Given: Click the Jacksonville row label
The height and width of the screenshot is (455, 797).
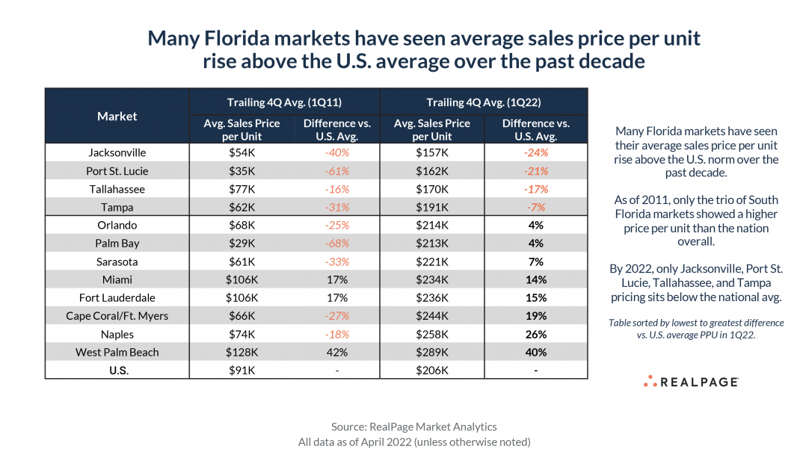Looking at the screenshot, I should click(117, 152).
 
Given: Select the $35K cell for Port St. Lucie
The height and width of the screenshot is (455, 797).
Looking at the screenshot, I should click(241, 171).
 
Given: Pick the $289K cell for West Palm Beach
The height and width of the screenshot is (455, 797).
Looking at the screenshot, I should click(431, 352).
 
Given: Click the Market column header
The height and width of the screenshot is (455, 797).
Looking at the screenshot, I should click(117, 116).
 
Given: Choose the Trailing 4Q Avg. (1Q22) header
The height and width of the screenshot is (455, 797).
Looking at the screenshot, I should click(483, 102).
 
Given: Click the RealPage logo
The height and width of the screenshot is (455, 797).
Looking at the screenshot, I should click(691, 382).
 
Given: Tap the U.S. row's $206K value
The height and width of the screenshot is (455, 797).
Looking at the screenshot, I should click(431, 370).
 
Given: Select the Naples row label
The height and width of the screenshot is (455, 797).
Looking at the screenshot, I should click(117, 334).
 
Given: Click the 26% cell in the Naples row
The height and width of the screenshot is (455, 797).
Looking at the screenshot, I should click(535, 334).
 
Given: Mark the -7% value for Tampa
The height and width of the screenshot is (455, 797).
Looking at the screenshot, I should click(535, 207).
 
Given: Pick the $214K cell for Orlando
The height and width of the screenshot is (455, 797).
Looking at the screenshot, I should click(431, 225).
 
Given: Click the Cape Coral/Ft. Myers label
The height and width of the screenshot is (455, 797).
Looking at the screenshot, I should click(117, 316).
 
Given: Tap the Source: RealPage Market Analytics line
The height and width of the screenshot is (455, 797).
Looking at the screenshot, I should click(413, 427).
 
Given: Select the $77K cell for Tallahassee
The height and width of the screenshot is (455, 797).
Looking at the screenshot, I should click(241, 189).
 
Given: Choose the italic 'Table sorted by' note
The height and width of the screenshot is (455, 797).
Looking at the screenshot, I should click(696, 329).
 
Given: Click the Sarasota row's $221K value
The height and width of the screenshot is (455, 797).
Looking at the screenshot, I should click(431, 261).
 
